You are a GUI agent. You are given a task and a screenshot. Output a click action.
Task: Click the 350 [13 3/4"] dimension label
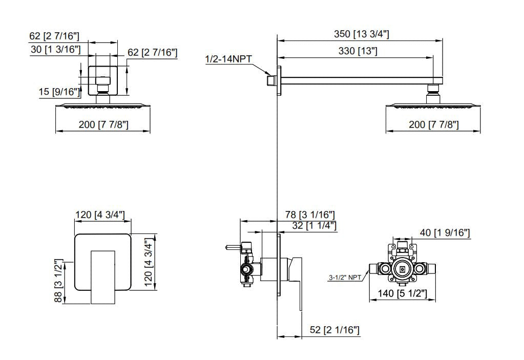tap(361, 34)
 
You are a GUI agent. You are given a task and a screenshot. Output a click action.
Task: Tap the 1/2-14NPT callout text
tap(228, 59)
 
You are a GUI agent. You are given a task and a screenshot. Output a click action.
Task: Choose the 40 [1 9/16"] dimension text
tap(445, 233)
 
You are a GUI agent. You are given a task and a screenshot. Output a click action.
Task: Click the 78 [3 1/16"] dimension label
tap(310, 215)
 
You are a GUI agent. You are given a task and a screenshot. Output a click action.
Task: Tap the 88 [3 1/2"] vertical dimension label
tap(59, 281)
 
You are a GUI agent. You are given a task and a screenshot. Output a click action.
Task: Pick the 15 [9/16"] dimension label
tap(59, 92)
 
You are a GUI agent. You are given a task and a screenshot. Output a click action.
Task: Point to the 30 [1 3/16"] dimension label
tap(55, 50)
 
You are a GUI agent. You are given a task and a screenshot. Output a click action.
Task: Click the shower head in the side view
tap(433, 106)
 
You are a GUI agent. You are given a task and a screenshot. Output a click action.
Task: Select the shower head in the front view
tap(102, 106)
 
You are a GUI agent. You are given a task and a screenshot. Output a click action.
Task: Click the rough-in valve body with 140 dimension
tap(402, 269)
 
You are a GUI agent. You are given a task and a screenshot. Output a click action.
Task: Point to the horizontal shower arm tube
tap(359, 80)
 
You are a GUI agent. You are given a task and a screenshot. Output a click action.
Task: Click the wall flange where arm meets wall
tap(279, 80)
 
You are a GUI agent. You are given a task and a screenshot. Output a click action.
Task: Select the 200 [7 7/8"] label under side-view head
tap(433, 124)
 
